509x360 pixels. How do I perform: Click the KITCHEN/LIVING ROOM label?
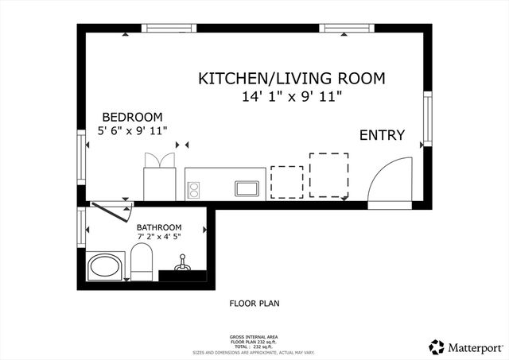click(x=291, y=79)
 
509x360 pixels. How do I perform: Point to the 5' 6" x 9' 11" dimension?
click(x=132, y=130)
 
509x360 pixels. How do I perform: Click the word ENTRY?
click(x=383, y=135)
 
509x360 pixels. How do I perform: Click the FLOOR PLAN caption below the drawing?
click(x=254, y=303)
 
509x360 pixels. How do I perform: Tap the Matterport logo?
click(x=464, y=347)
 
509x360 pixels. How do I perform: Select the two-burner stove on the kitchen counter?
click(x=192, y=189)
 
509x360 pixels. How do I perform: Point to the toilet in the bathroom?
click(x=142, y=262)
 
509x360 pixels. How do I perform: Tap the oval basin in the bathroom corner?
click(x=104, y=266)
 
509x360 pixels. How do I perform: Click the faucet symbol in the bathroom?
click(x=181, y=263)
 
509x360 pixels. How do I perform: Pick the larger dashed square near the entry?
click(x=328, y=175)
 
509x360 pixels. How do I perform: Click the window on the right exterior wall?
click(x=428, y=118)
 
